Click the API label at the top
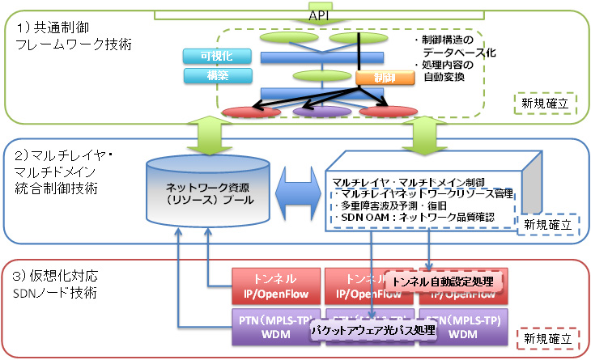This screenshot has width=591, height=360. coord(318,15)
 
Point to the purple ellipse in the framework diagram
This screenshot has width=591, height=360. coord(321,111)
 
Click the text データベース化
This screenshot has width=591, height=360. coord(457,52)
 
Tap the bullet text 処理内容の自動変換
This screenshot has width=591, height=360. coord(449,71)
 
